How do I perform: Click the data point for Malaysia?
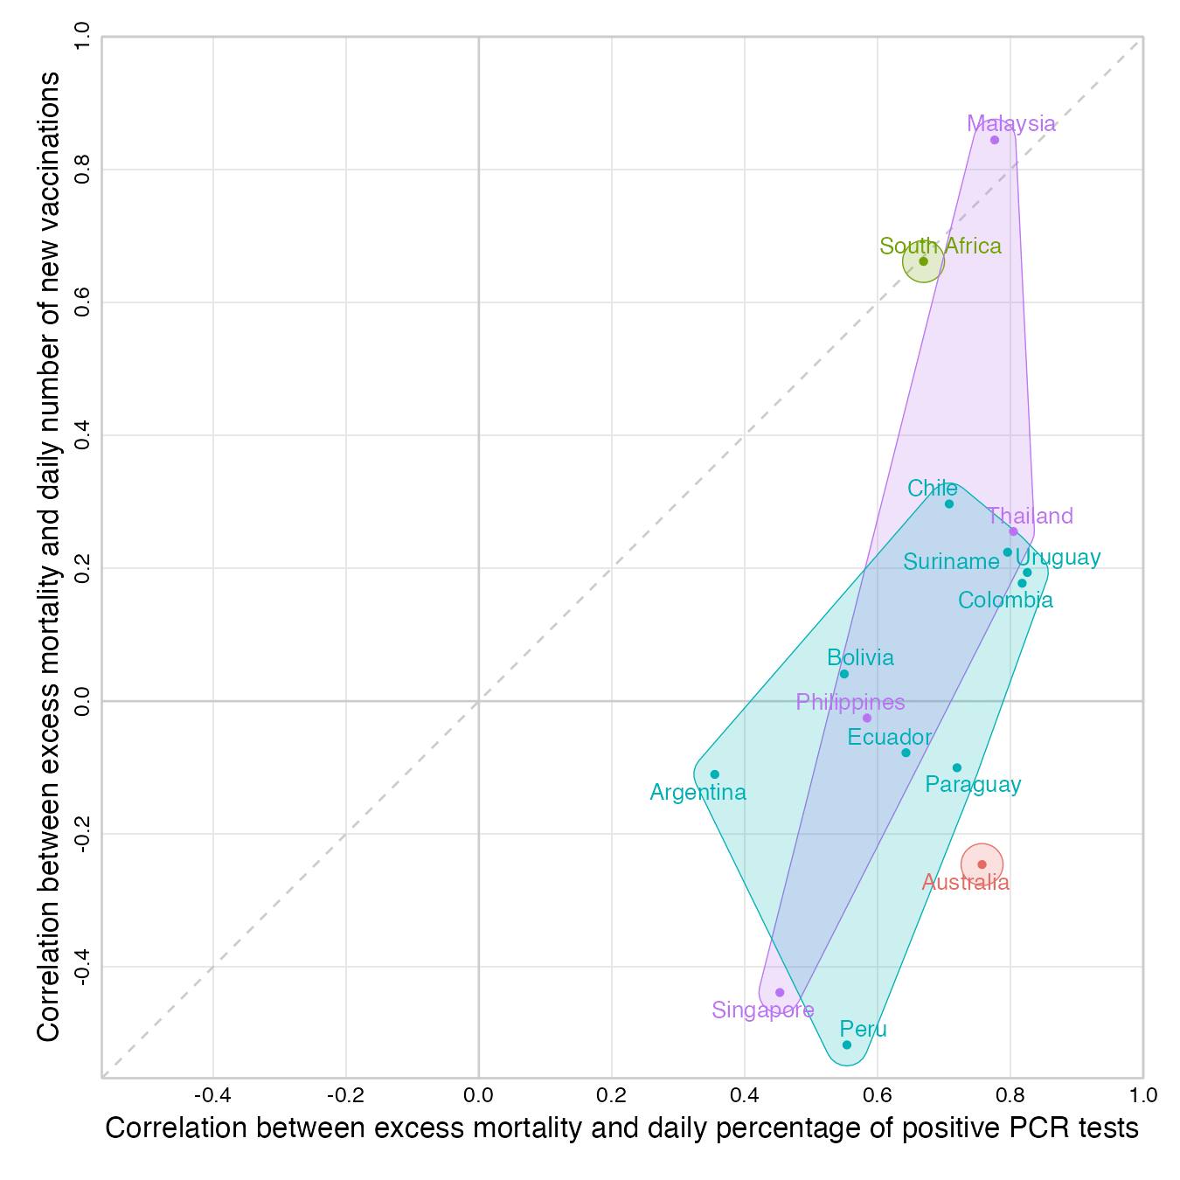point(994,140)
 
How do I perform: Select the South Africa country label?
point(941,246)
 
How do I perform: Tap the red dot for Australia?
point(982,864)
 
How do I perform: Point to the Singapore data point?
point(780,992)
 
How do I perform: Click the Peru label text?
point(864,1029)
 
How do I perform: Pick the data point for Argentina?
point(714,774)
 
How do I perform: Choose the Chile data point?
point(949,503)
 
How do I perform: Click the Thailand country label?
point(1031,516)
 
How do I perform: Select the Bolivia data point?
point(843,674)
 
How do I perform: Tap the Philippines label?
point(850,702)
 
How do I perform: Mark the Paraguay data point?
point(956,767)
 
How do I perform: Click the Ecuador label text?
point(890,737)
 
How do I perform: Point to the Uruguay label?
point(1058,557)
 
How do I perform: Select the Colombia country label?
point(1005,600)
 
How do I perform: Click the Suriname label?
point(951,562)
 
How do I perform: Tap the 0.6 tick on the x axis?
point(878,1095)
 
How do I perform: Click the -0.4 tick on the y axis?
point(84,967)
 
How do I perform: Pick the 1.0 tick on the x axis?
point(1142,1095)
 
